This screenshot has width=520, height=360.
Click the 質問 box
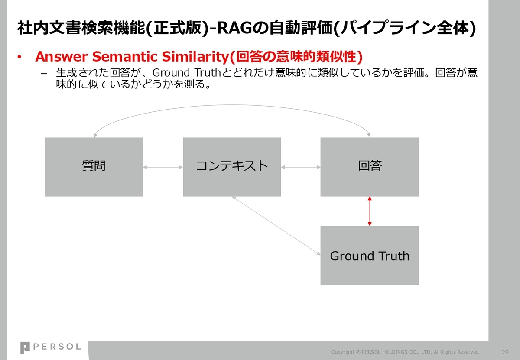pos(94,167)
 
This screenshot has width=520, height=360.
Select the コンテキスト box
pos(232,167)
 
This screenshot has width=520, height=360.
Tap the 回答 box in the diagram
pos(370,167)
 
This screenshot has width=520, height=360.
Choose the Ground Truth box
pos(370,255)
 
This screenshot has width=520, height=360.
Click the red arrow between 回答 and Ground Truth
pos(370,211)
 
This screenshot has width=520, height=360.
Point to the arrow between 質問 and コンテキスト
pos(163,167)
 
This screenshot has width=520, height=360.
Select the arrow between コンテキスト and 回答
pos(301,167)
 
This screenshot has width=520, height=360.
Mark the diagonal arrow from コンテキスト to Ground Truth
pos(276,226)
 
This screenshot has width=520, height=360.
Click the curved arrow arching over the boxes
pos(232,105)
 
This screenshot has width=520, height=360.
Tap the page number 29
pos(505,352)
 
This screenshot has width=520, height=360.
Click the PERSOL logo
pos(51,347)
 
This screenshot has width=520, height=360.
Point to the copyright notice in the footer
pos(406,352)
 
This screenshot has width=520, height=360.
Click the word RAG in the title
pos(234,28)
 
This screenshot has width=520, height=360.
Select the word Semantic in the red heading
pos(125,56)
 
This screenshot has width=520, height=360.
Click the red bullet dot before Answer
pos(19,57)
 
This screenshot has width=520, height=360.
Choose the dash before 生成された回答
pos(44,74)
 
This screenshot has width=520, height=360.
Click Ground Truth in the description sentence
pos(186,72)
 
